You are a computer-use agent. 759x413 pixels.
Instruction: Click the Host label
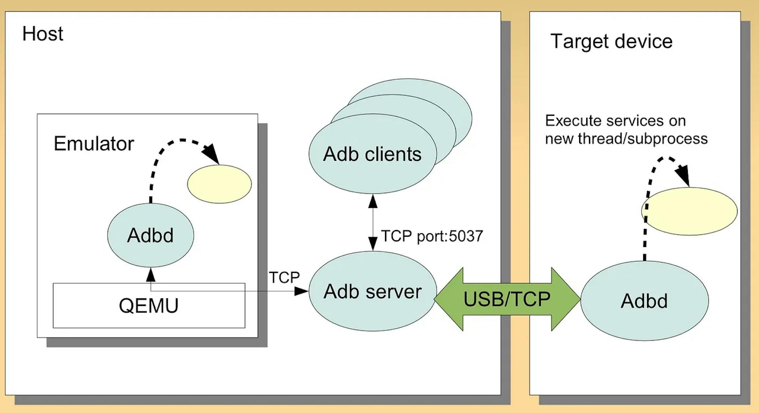click(x=43, y=34)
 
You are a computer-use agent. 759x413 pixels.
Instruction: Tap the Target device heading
click(x=611, y=41)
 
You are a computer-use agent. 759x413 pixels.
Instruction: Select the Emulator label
click(x=94, y=143)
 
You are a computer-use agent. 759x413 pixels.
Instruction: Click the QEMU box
click(x=149, y=306)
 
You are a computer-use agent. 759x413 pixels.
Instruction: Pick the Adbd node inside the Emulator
click(x=150, y=235)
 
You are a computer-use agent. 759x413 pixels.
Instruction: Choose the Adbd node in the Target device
click(x=644, y=301)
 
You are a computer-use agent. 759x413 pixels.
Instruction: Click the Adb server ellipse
click(x=372, y=292)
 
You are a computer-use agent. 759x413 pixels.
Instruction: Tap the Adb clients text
click(x=372, y=154)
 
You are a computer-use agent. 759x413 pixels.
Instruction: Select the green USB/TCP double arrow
click(x=507, y=299)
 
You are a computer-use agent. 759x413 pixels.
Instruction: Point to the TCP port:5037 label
click(x=432, y=236)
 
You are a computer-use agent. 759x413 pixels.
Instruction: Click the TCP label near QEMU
click(x=284, y=277)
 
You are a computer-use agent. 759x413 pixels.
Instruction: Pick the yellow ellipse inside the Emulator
click(x=219, y=184)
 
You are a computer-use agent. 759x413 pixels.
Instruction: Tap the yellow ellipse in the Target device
click(x=689, y=211)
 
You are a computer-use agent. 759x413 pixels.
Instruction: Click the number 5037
click(x=466, y=236)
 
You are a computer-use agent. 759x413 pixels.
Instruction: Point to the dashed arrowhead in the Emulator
click(x=211, y=153)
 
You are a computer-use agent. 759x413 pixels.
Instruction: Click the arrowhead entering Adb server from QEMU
click(x=301, y=291)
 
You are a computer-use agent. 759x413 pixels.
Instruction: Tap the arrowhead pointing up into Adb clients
click(x=373, y=201)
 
